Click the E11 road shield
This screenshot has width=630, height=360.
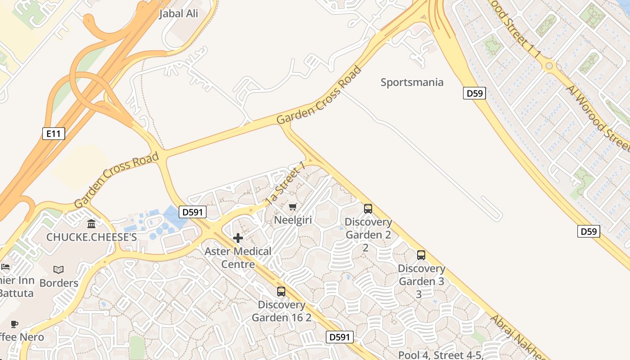pos(54,134)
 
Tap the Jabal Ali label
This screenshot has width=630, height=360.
pos(179,14)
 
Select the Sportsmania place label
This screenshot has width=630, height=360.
pos(412,82)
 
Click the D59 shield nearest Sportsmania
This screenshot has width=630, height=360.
pos(474,94)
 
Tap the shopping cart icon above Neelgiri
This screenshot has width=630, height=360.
pos(293,207)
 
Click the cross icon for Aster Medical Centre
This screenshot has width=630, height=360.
pos(238,238)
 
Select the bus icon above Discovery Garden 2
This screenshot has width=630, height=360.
pos(368,209)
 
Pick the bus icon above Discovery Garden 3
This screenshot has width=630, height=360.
pos(421,255)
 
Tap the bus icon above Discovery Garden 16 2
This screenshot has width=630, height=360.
pos(281,292)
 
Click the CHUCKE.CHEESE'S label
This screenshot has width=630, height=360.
pos(91,237)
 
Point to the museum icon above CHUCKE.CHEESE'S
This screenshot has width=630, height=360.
pos(91,224)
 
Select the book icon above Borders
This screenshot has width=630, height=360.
pos(58,270)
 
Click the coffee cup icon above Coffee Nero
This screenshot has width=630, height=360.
pos(14,324)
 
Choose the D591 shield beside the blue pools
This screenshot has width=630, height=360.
pos(193,212)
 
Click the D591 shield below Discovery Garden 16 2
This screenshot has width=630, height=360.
pos(339,337)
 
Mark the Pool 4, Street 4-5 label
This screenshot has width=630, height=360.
pos(441,355)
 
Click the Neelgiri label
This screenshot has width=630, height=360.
pos(293,220)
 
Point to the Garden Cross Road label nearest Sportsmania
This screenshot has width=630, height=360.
pos(319,95)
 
